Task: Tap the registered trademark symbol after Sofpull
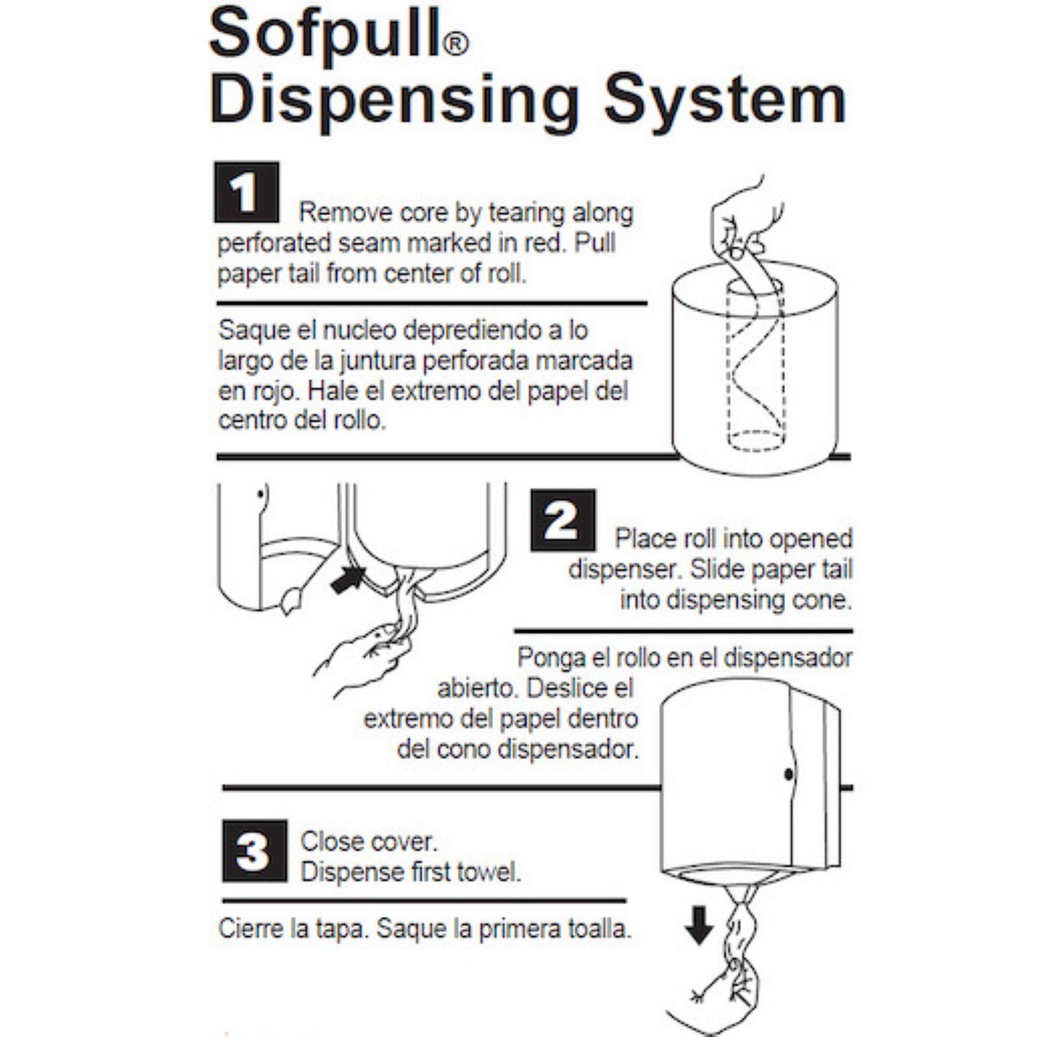pos(456,44)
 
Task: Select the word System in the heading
pos(726,102)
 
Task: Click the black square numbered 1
pos(246,192)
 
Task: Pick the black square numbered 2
pos(563,520)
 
